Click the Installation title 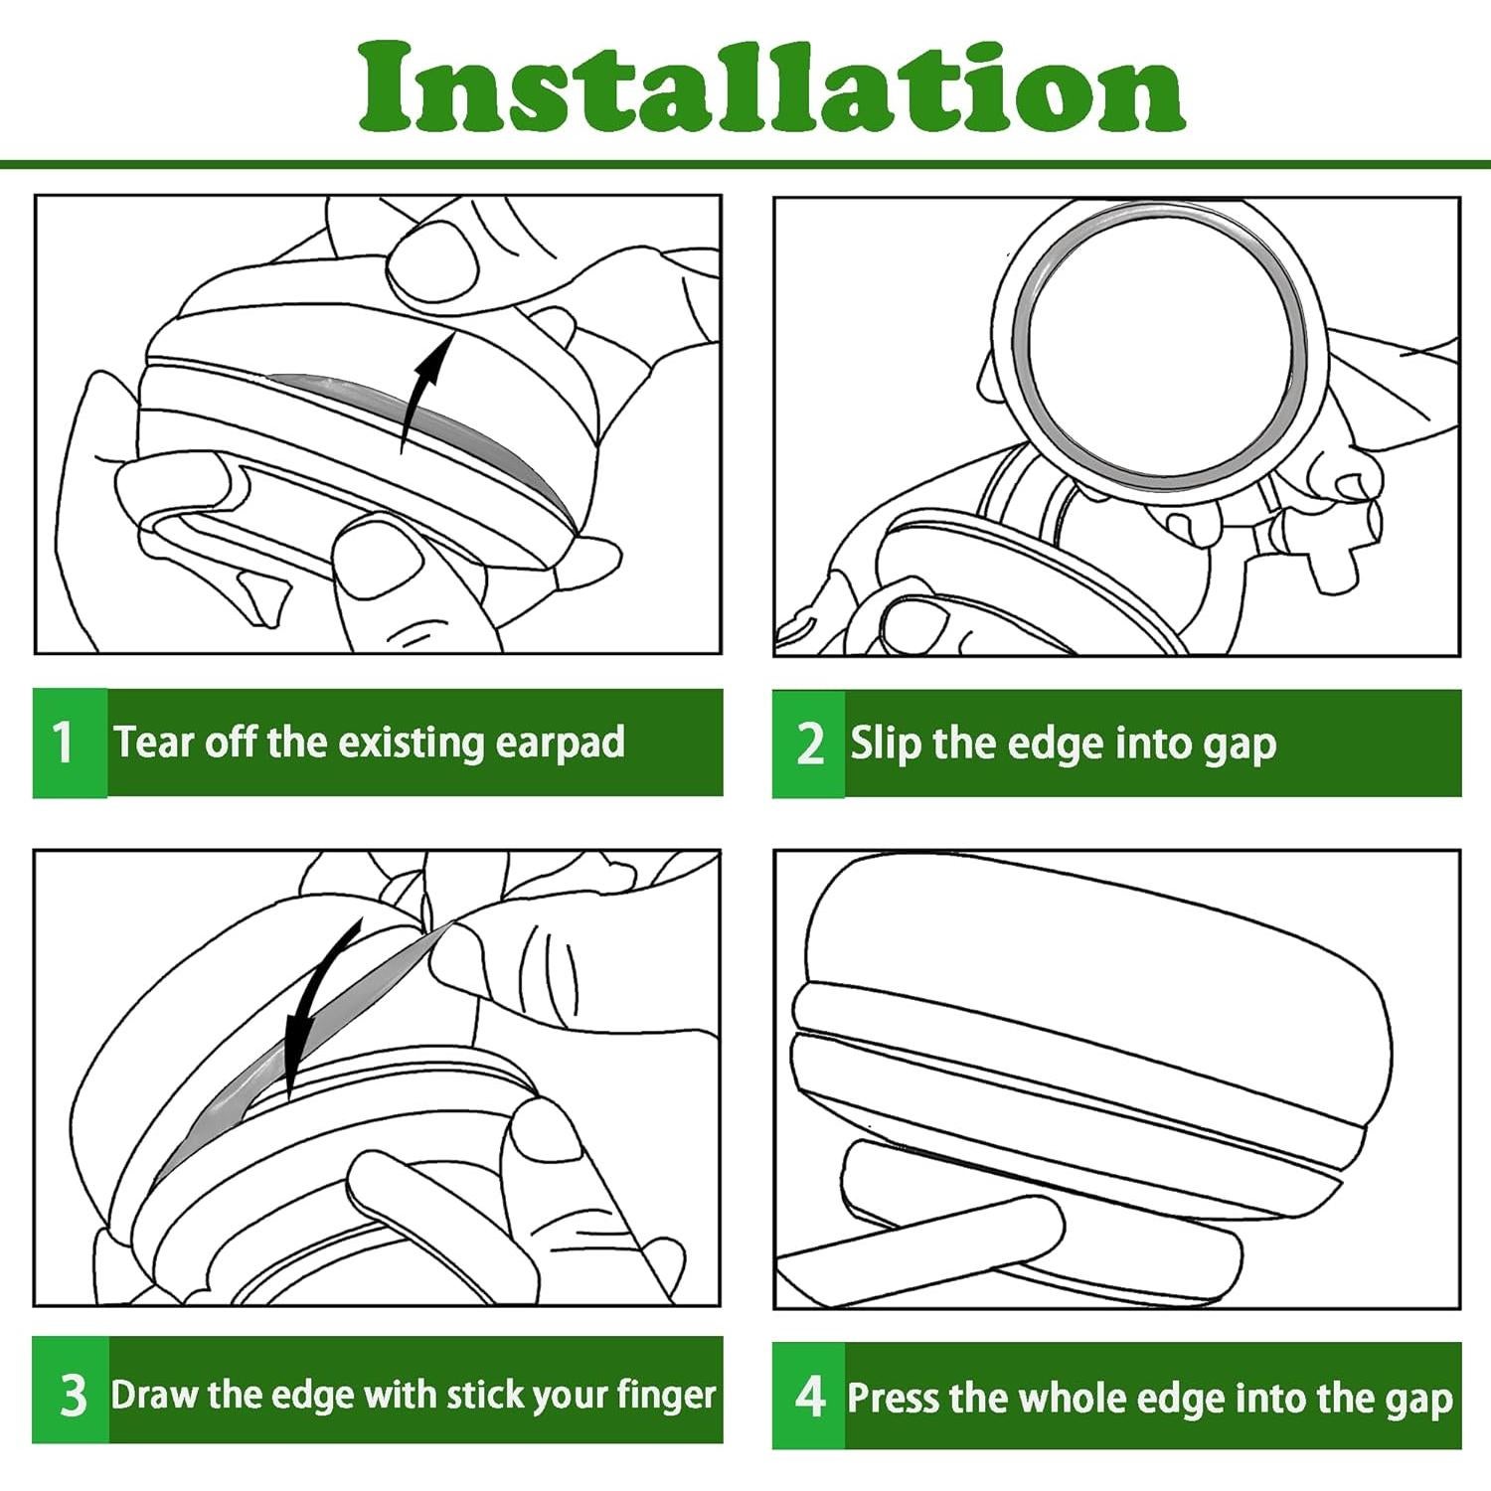pos(771,86)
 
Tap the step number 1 pos(63,742)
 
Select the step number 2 pos(810,744)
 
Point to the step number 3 pos(73,1394)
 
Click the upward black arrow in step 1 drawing pos(425,387)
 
